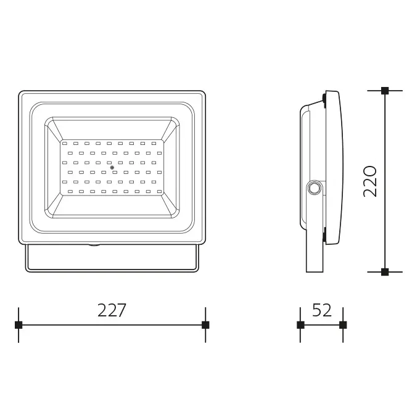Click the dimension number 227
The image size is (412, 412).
112,310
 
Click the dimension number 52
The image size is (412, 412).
321,310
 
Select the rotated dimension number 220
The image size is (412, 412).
370,181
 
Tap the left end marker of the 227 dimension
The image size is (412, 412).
19,324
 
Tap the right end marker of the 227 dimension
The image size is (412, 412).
205,324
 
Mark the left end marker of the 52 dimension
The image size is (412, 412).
300,324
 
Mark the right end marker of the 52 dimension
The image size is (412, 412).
343,324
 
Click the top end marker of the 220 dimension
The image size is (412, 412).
385,91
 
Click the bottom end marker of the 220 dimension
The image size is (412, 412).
385,271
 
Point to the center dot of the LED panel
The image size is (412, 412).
112,168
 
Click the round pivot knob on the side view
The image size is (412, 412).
314,187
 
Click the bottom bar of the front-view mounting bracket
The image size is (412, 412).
112,271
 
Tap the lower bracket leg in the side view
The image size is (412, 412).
315,253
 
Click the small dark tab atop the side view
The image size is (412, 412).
323,97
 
